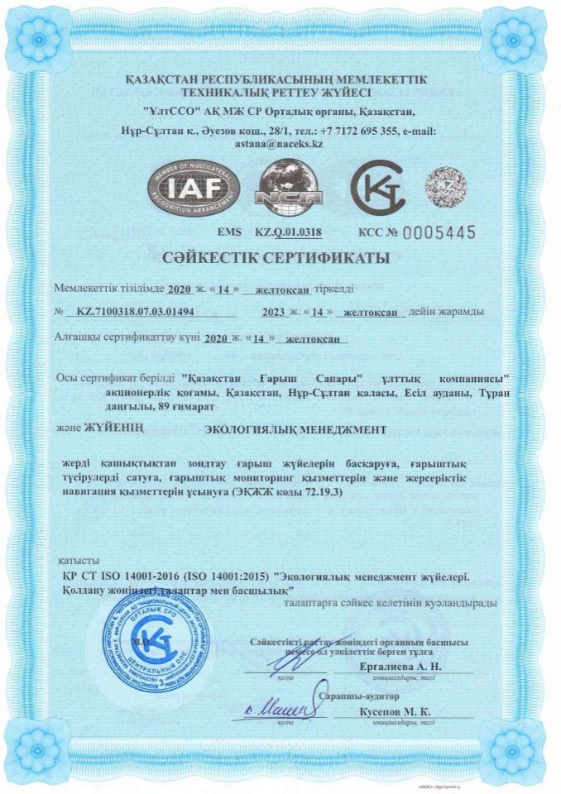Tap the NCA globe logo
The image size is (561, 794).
coord(285,189)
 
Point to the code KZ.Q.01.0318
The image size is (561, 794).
coord(288,234)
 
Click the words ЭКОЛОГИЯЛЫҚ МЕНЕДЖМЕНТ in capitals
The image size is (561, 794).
coord(295,429)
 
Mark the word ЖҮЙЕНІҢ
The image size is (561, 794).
coord(115,428)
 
